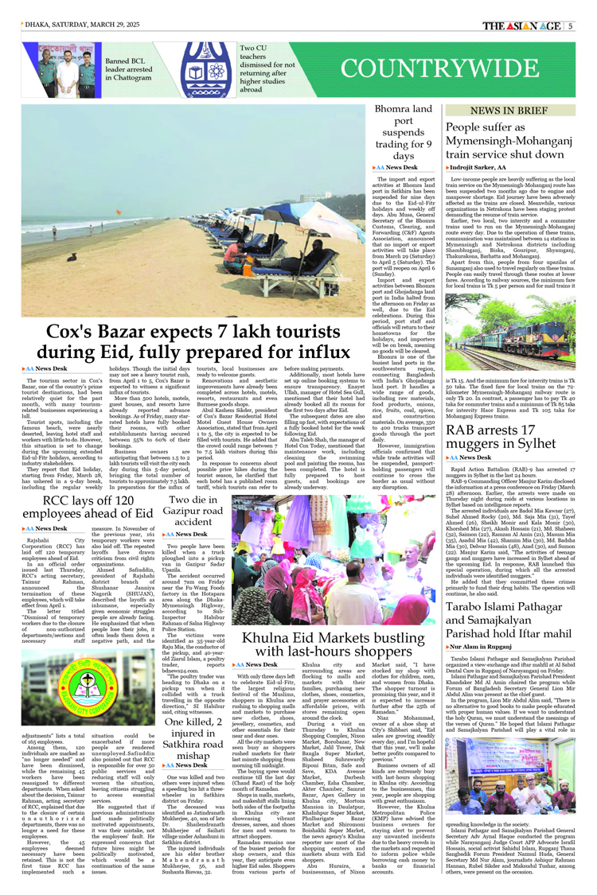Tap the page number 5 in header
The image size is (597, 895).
(x=570, y=25)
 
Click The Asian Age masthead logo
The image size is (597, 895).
(x=521, y=25)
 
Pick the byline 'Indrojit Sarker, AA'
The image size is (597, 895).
(x=478, y=168)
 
